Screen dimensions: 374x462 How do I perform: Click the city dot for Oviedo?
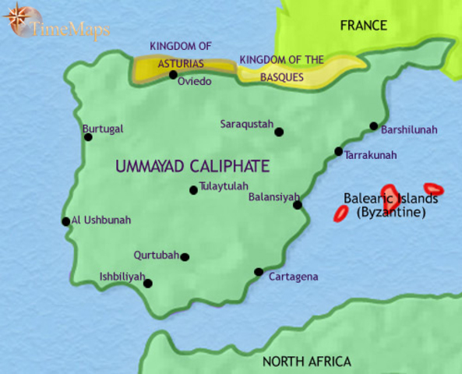click(x=173, y=75)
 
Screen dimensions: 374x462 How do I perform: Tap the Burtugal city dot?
click(x=88, y=137)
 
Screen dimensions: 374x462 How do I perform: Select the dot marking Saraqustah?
click(x=279, y=132)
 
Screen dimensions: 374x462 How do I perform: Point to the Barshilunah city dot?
click(x=374, y=126)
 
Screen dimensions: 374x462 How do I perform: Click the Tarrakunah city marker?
click(x=338, y=151)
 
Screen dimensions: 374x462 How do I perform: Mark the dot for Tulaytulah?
click(x=193, y=189)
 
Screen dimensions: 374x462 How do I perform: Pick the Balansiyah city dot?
click(x=297, y=205)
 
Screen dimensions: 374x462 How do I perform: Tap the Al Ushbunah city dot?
click(x=65, y=221)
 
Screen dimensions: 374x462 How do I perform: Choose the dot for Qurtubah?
click(x=185, y=256)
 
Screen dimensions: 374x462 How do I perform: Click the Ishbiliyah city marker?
click(x=148, y=284)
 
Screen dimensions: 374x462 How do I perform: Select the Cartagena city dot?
click(x=259, y=272)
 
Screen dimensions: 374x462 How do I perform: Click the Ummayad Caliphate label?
click(x=192, y=166)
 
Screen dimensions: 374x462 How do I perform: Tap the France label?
click(x=363, y=26)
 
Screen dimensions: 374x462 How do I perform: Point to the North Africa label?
click(x=306, y=362)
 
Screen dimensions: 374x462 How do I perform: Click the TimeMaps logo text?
click(x=70, y=30)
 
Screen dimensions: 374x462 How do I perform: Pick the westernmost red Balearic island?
click(x=340, y=213)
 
